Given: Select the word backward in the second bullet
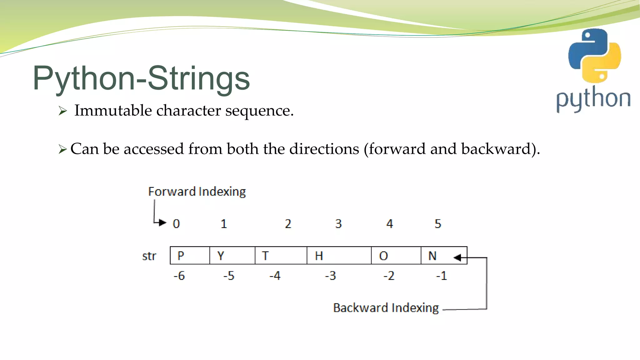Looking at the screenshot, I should click(x=496, y=149).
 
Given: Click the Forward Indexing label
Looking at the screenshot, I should click(x=197, y=192).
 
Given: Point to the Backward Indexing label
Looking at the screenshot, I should click(x=386, y=308).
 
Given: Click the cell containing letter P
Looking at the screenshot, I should click(x=189, y=256).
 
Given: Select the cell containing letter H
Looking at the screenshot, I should click(x=339, y=256).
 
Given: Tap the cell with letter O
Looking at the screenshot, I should click(x=396, y=256).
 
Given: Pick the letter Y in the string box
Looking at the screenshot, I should click(x=221, y=256).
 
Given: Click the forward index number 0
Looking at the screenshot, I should click(x=176, y=224).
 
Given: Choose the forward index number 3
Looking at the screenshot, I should click(x=338, y=224).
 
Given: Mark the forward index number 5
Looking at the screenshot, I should click(x=438, y=224).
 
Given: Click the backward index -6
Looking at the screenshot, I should click(x=179, y=276).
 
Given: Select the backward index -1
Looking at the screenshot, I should click(x=442, y=276).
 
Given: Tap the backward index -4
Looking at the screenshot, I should click(x=275, y=276).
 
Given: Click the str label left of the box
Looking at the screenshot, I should click(x=149, y=256).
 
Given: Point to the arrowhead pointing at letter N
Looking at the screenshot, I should click(x=457, y=257).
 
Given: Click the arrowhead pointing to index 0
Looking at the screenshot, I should click(x=162, y=222).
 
